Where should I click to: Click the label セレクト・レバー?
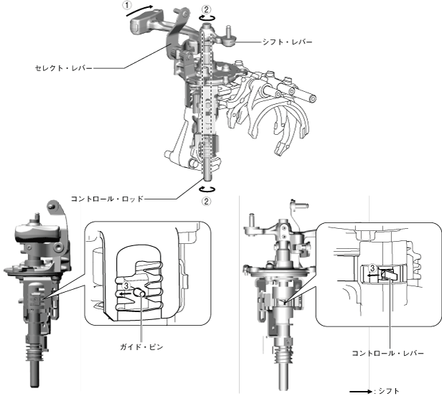pos(63,67)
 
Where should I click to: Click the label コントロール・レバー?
pos(387,352)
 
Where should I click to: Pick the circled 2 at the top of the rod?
pos(207,10)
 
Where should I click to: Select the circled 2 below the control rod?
pos(207,201)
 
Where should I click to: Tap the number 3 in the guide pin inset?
pos(126,286)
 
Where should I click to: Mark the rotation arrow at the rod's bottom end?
pos(207,188)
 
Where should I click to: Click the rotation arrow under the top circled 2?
pos(207,21)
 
